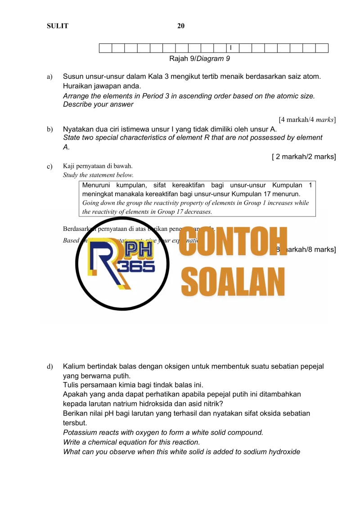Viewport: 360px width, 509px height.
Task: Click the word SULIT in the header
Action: pyautogui.click(x=58, y=26)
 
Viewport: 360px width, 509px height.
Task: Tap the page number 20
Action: pyautogui.click(x=181, y=26)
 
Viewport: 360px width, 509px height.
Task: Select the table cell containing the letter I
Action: pyautogui.click(x=232, y=48)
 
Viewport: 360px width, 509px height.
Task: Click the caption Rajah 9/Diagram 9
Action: pyautogui.click(x=199, y=59)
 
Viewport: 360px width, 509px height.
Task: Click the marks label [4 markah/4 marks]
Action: pyautogui.click(x=307, y=120)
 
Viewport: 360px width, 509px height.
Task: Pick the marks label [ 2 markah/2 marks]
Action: pyautogui.click(x=304, y=157)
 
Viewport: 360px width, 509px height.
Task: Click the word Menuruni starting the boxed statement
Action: pyautogui.click(x=96, y=185)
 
